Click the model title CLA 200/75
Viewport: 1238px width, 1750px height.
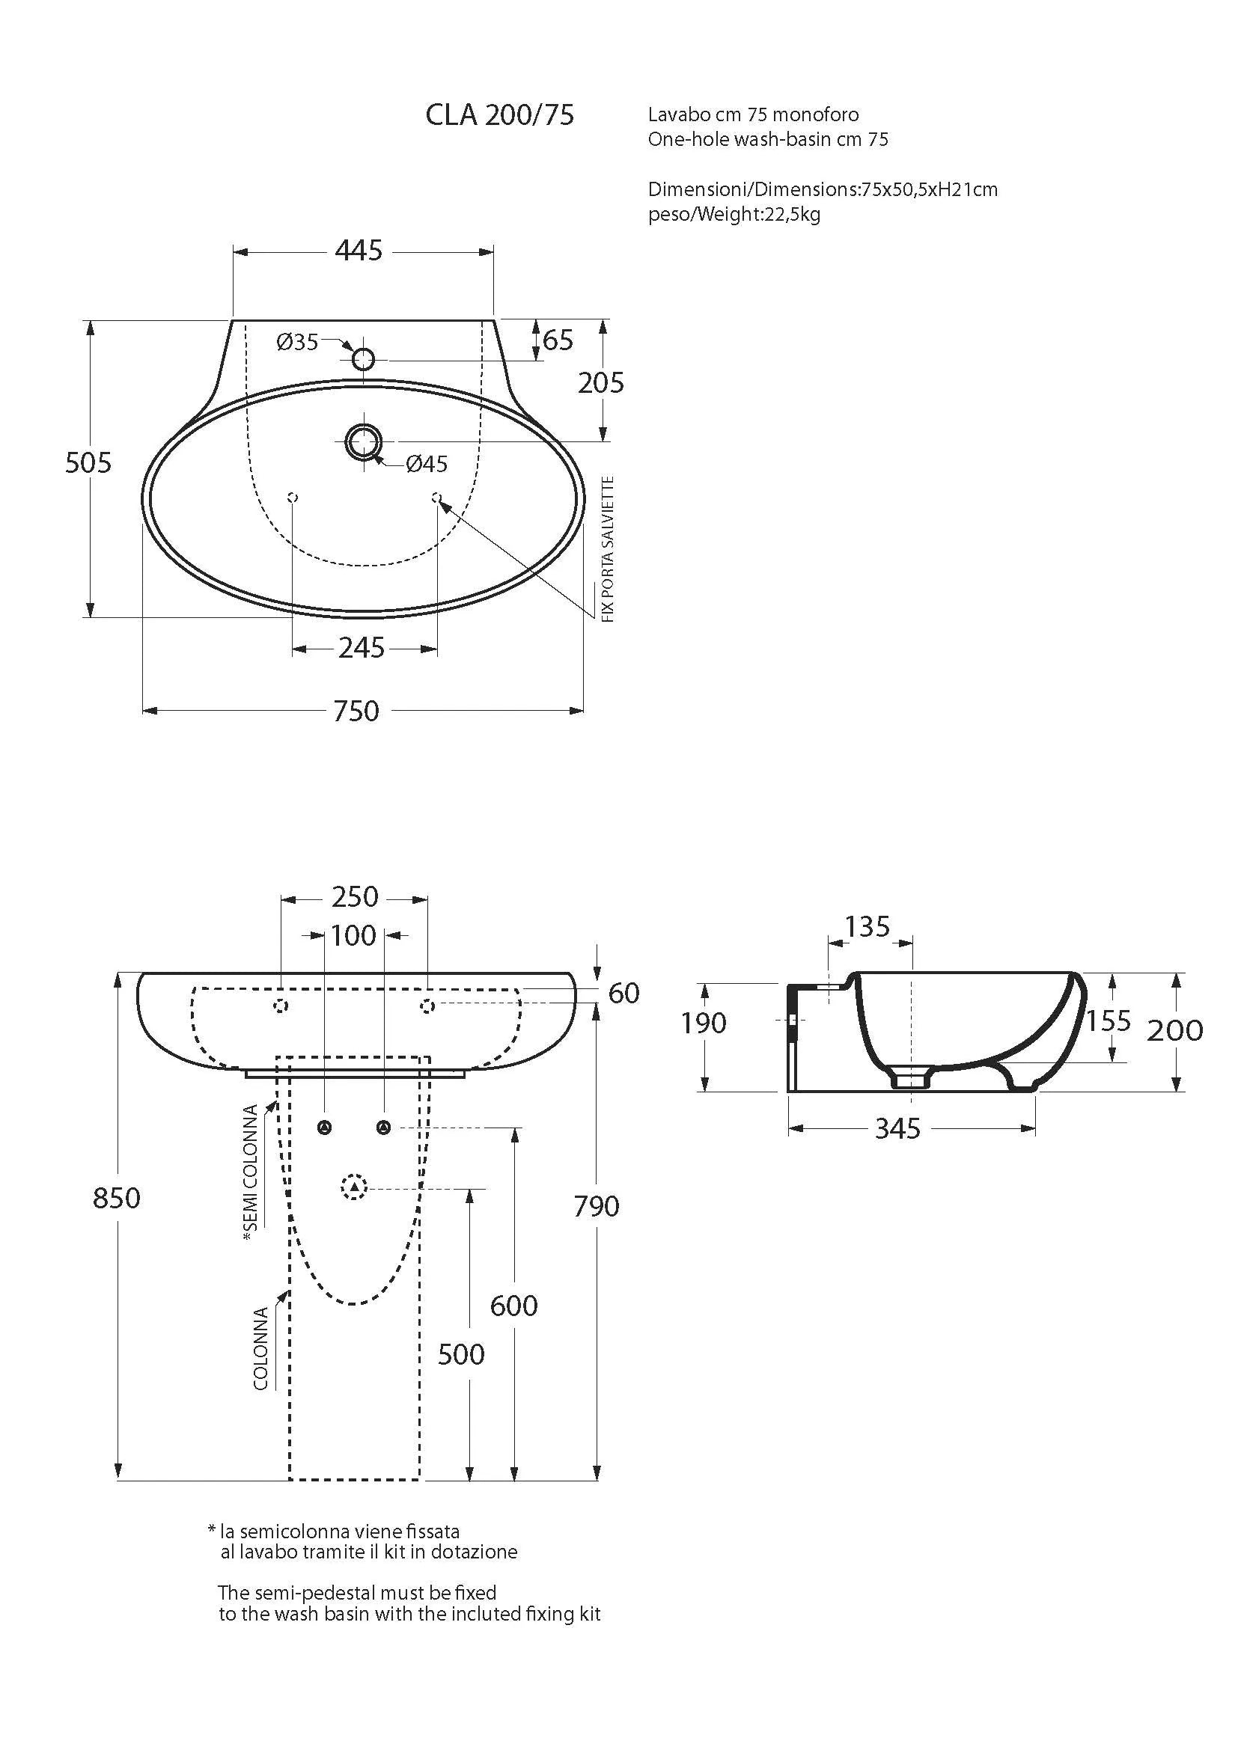(x=499, y=115)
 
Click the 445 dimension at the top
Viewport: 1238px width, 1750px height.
(x=359, y=250)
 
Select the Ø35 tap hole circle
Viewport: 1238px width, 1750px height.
(x=364, y=358)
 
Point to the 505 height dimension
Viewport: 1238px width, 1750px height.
(x=88, y=462)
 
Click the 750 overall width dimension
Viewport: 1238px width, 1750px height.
(x=356, y=711)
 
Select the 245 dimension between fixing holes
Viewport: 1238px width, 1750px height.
(x=362, y=648)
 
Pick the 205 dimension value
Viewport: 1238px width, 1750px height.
(x=601, y=382)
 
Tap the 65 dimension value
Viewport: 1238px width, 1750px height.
(x=558, y=340)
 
